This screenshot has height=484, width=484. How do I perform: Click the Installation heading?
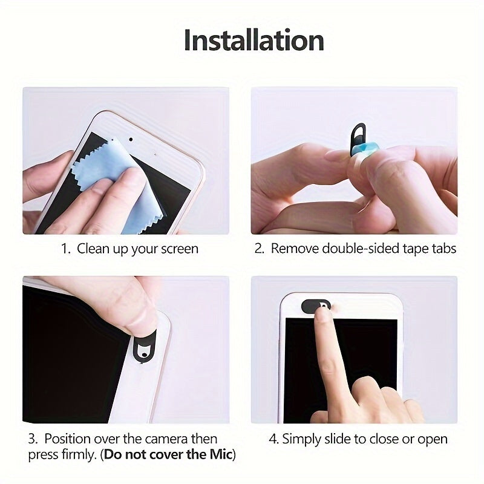253,40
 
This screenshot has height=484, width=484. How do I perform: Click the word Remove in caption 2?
293,249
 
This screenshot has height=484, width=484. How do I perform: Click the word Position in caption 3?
69,439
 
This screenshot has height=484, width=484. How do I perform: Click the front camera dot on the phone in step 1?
131,139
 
